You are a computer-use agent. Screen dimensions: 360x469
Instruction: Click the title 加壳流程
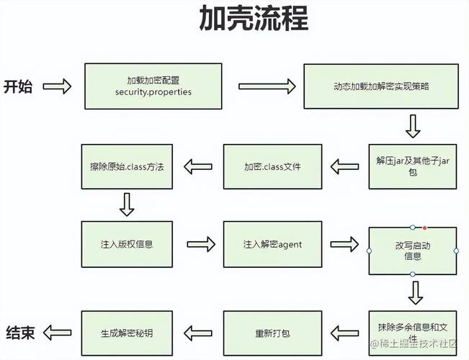coord(254,19)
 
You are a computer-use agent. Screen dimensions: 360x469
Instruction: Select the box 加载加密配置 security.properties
coord(153,86)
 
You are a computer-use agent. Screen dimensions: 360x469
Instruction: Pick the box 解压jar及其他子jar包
coord(413,167)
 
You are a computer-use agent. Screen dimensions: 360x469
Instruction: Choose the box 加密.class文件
coord(272,167)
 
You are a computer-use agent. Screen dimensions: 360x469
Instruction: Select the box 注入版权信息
coord(127,244)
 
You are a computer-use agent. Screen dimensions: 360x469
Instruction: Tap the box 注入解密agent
coord(272,244)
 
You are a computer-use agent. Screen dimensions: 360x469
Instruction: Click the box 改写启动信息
coord(413,251)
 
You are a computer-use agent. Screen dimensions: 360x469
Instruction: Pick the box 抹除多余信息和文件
coord(413,332)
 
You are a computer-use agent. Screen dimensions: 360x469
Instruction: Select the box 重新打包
coord(272,333)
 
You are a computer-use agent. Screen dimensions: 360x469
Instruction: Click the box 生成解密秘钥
coord(127,333)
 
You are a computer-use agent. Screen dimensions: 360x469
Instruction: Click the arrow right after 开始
coord(57,87)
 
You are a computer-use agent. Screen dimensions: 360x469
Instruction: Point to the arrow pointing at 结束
coord(57,333)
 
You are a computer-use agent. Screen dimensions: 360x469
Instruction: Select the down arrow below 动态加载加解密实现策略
coord(413,127)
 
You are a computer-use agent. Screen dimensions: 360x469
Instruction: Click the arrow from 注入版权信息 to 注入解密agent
coord(201,244)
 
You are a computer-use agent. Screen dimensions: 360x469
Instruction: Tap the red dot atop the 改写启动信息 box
coord(425,227)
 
